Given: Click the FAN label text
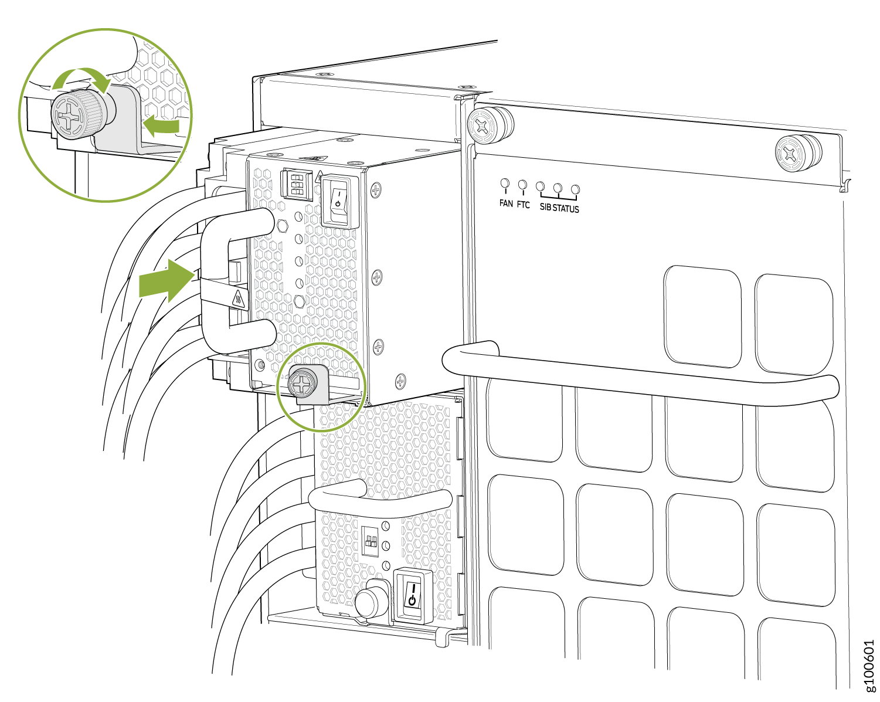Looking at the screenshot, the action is (x=506, y=203).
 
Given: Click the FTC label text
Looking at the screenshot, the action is (x=523, y=205).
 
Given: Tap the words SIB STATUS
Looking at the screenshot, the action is (x=559, y=208).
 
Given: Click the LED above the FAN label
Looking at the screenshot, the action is (x=505, y=183).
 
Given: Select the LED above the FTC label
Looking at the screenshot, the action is (x=522, y=185).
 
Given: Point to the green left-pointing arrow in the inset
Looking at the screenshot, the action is (x=161, y=125).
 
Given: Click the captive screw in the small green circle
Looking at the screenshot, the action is (x=303, y=384).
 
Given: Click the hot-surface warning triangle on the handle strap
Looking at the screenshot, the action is (x=238, y=300).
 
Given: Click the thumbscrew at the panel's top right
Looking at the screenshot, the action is (x=798, y=153).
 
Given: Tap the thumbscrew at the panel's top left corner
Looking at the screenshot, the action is (x=490, y=126).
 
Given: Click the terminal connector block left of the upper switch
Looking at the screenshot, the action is (x=297, y=185).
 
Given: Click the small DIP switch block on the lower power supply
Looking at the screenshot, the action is (x=371, y=541).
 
